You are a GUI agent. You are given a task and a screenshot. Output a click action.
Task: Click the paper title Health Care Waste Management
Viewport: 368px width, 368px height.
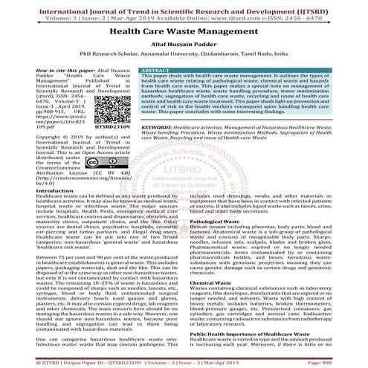[x=184, y=33]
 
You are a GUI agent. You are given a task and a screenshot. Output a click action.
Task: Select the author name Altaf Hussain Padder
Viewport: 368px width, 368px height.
[x=184, y=45]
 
